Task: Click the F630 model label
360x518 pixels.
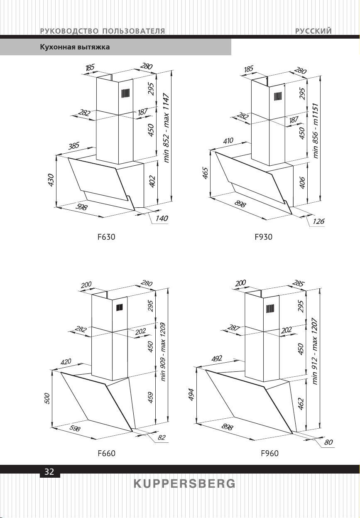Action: pos(106,237)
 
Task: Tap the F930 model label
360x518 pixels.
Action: pos(263,237)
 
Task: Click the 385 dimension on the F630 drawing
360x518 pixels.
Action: pos(74,146)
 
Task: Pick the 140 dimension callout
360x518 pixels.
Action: pos(162,218)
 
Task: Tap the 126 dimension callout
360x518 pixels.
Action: pos(318,221)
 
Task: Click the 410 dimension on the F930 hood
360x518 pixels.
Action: pos(228,140)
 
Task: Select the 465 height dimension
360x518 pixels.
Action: pos(205,173)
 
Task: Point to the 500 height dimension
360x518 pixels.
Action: pos(47,398)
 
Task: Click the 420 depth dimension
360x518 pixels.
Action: pos(66,362)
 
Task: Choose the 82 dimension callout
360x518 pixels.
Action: pos(162,437)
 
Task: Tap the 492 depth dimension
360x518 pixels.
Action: pos(217,358)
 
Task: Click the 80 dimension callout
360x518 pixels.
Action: pos(328,442)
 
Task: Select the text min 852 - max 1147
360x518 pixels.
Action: pos(167,128)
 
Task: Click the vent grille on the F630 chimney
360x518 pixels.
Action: pos(125,93)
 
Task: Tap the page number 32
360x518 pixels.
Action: pos(49,471)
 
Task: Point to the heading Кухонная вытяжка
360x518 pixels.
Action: pos(75,47)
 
